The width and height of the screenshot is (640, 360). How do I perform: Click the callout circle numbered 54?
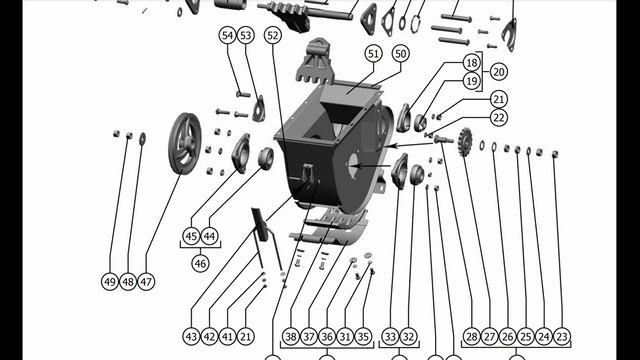227,36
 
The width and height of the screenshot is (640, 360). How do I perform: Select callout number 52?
273,36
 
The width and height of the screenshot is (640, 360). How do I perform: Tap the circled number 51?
373,54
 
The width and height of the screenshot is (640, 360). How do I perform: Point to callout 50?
401,54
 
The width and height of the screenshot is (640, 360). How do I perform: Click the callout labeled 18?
471,63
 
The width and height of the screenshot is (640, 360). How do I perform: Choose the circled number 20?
499,72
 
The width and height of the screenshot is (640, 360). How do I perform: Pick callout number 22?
499,118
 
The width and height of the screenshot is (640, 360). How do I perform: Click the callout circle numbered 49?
110,282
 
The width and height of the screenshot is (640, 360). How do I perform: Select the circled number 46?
200,263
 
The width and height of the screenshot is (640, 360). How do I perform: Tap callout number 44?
209,236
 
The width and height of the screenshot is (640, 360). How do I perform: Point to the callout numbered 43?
191,337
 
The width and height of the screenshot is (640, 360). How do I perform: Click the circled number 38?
291,337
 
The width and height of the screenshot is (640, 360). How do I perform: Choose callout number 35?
363,337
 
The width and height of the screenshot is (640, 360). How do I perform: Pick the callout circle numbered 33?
390,337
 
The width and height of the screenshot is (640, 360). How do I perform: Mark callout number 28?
471,337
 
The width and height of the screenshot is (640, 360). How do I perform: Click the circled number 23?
562,337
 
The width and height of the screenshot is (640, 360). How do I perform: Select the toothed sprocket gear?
465,141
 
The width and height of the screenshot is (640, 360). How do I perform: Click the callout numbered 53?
245,36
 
